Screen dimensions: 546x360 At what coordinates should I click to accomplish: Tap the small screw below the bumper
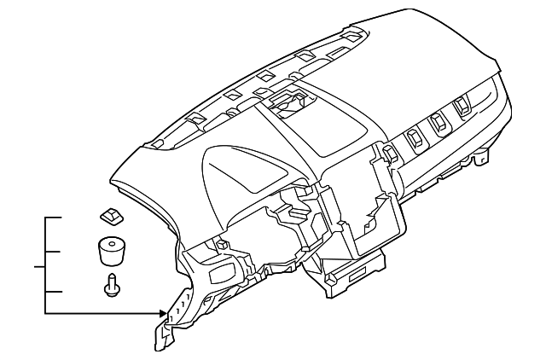coord(111,287)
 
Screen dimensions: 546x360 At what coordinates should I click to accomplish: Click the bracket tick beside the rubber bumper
coord(53,252)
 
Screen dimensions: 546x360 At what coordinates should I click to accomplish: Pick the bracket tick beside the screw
coord(53,293)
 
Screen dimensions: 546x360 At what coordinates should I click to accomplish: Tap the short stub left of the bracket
coord(39,267)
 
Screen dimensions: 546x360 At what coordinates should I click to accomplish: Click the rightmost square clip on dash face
coord(462,106)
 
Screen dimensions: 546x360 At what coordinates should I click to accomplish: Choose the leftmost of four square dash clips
coord(389,154)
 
